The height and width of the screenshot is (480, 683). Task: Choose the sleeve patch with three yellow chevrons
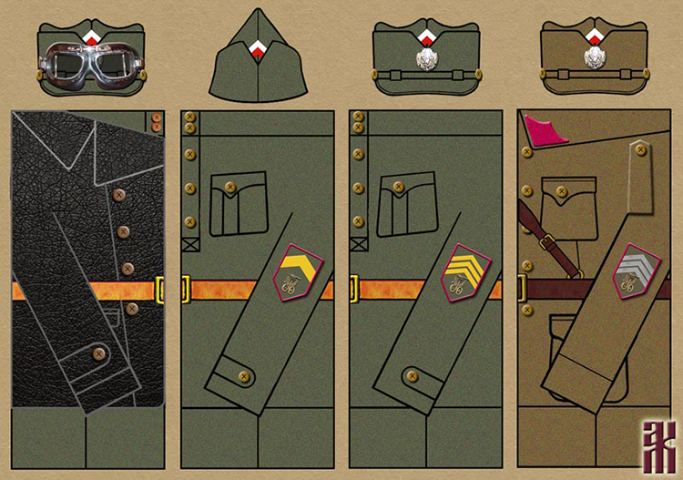pyautogui.click(x=466, y=272)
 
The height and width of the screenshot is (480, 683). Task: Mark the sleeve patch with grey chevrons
pyautogui.click(x=634, y=271)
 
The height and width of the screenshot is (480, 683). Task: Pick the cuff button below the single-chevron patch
pyautogui.click(x=242, y=376)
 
